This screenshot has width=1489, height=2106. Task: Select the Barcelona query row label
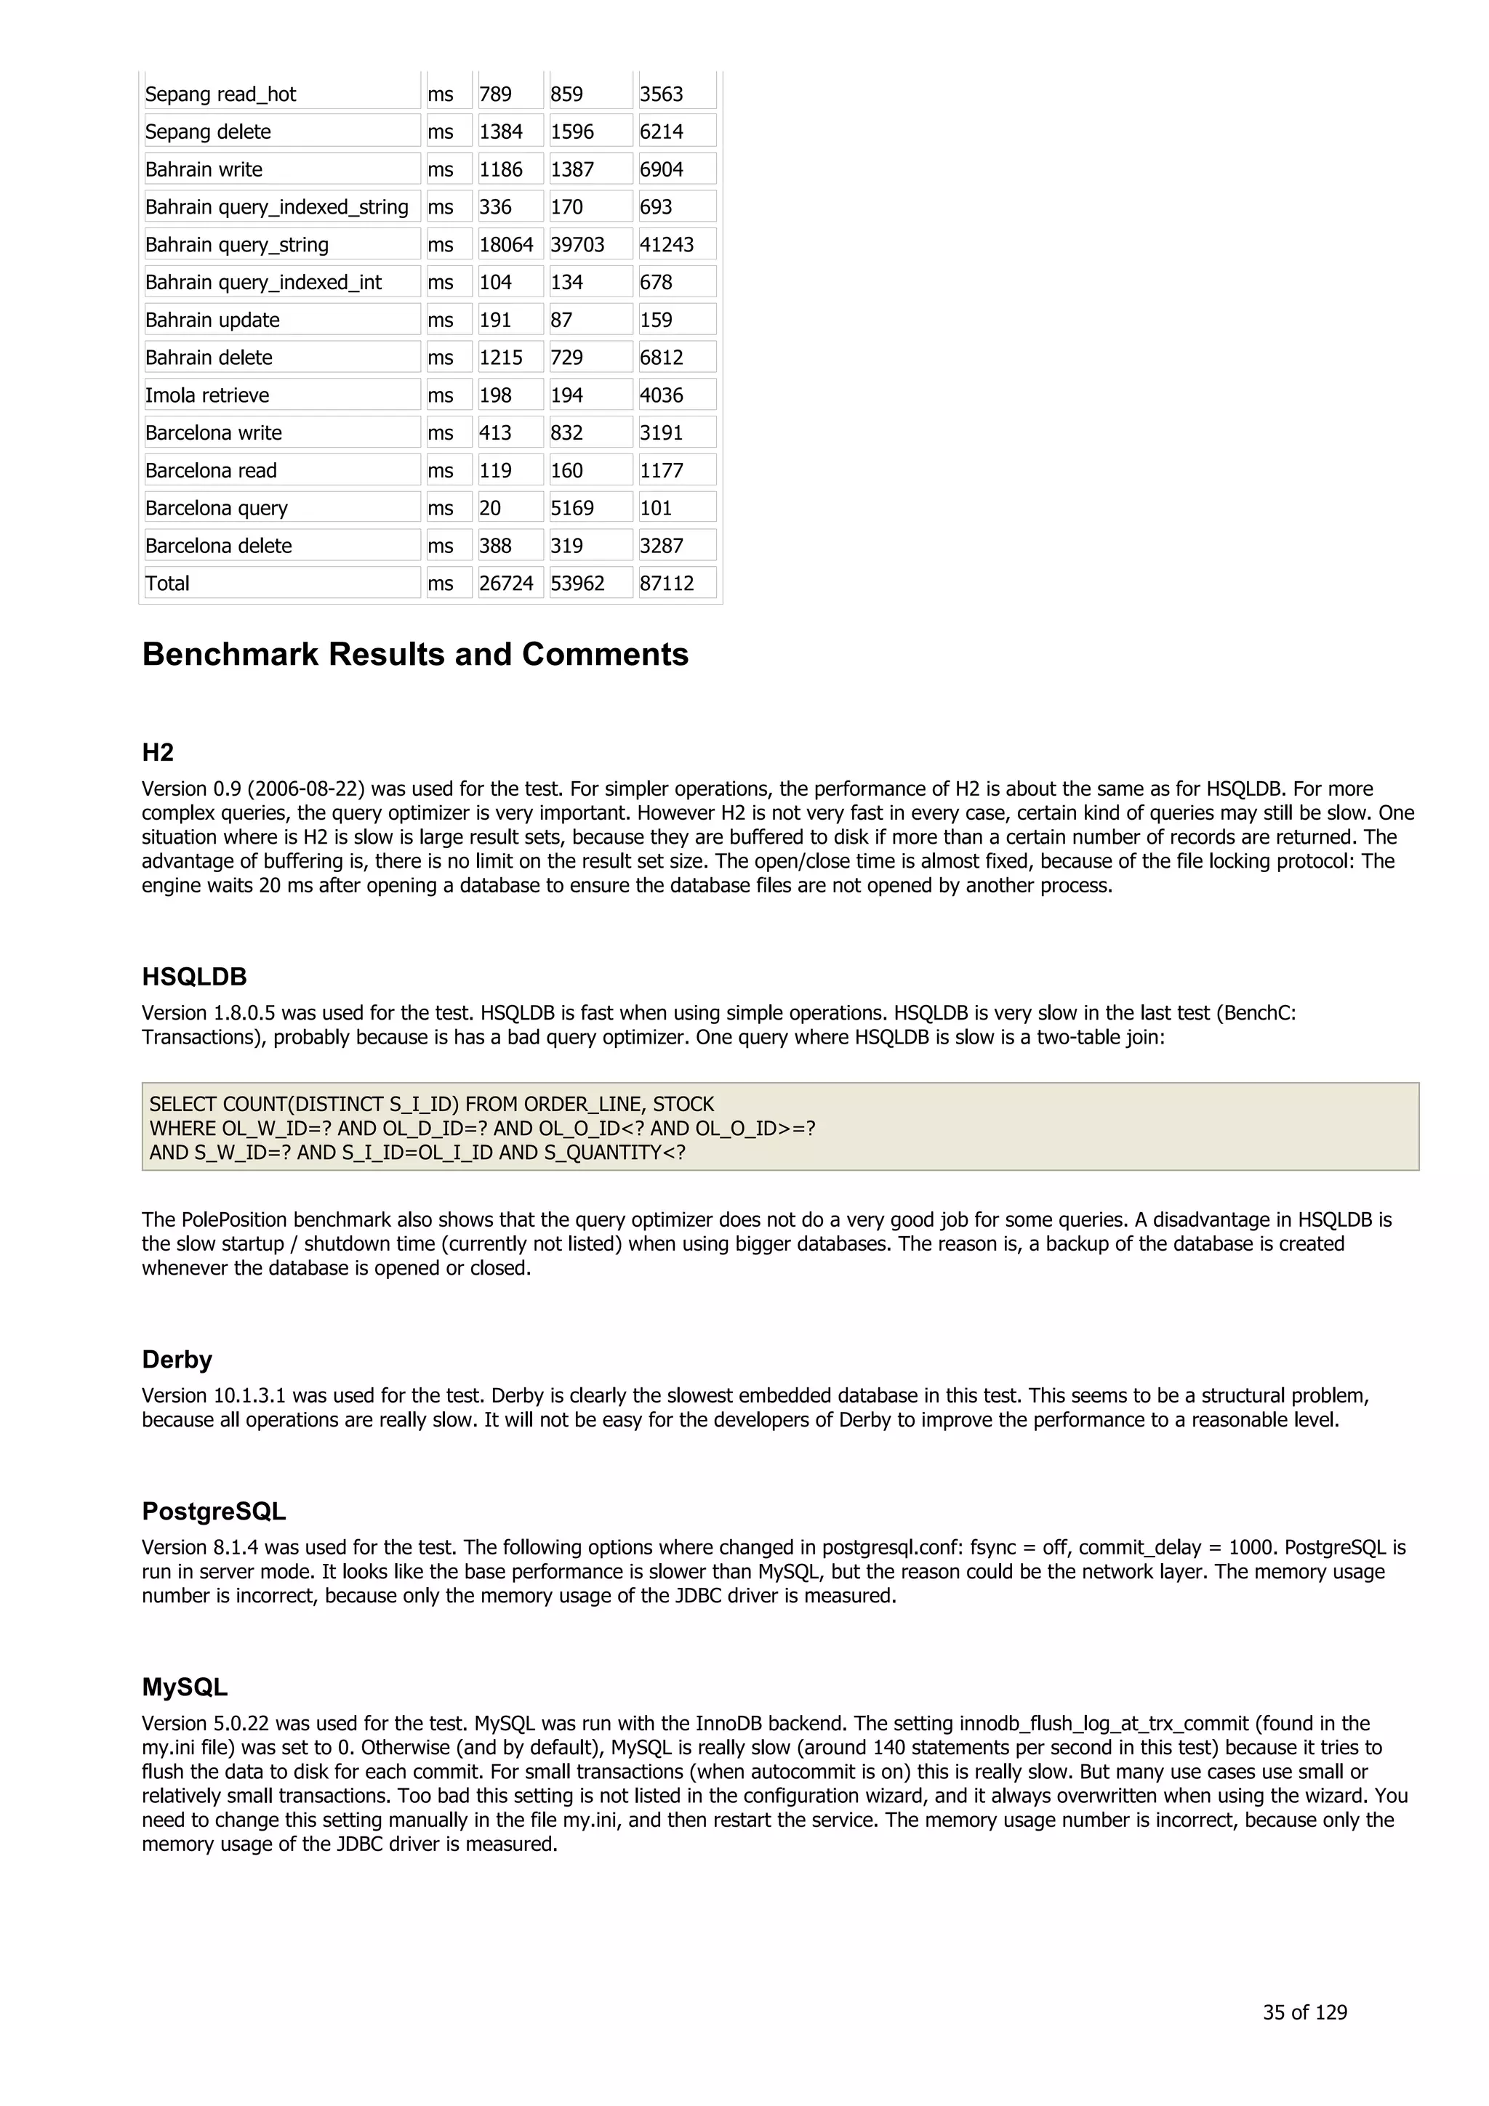pyautogui.click(x=217, y=508)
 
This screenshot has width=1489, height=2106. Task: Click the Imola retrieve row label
pyautogui.click(x=207, y=395)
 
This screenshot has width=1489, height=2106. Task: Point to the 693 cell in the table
pyautogui.click(x=656, y=207)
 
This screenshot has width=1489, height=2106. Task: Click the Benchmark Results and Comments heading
pyautogui.click(x=414, y=654)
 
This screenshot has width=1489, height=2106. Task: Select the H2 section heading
pyautogui.click(x=158, y=752)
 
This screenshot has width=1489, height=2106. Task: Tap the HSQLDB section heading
pyautogui.click(x=195, y=977)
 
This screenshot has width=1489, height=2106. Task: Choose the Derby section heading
pyautogui.click(x=177, y=1360)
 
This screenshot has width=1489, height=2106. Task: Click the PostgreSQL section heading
pyautogui.click(x=214, y=1511)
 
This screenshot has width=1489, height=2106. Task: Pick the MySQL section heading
pyautogui.click(x=185, y=1687)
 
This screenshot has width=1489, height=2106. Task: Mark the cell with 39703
pyautogui.click(x=577, y=245)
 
